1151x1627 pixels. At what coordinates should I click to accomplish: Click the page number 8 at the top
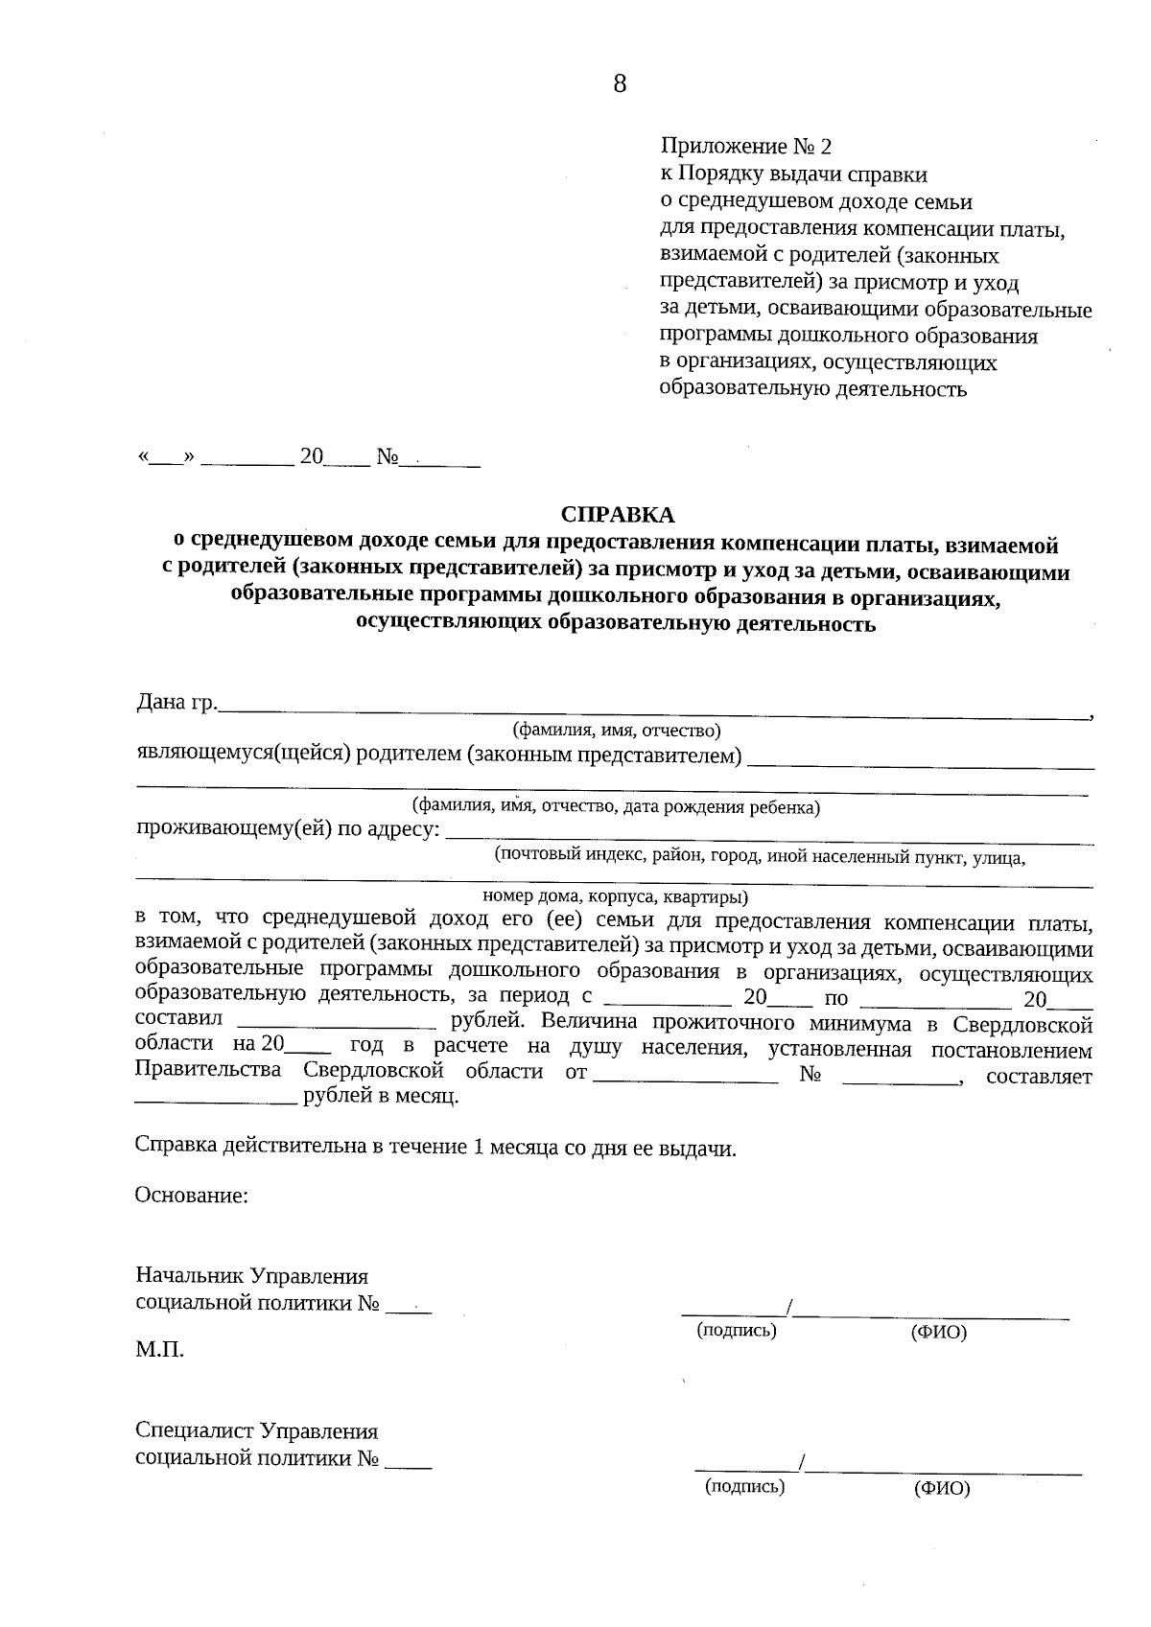(619, 84)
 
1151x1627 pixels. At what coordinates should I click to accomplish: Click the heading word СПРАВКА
(618, 515)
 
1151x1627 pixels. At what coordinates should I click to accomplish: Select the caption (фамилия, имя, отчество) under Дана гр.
(617, 731)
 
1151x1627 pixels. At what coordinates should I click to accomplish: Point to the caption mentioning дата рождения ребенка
(616, 806)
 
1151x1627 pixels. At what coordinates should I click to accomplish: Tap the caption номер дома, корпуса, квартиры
(615, 898)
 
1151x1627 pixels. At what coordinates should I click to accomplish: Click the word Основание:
(192, 1197)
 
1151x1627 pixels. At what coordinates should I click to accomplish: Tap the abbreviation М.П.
(160, 1351)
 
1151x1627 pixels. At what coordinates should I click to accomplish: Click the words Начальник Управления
(252, 1277)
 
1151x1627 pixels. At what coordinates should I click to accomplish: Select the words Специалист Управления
(257, 1431)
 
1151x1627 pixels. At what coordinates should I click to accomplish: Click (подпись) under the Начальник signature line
(736, 1331)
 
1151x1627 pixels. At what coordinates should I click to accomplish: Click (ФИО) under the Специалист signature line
(942, 1489)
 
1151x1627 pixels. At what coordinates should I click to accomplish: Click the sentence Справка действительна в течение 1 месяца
(436, 1149)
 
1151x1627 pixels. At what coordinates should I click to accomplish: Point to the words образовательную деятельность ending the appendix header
(813, 390)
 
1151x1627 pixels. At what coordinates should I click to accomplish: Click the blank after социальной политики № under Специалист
(409, 1464)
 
